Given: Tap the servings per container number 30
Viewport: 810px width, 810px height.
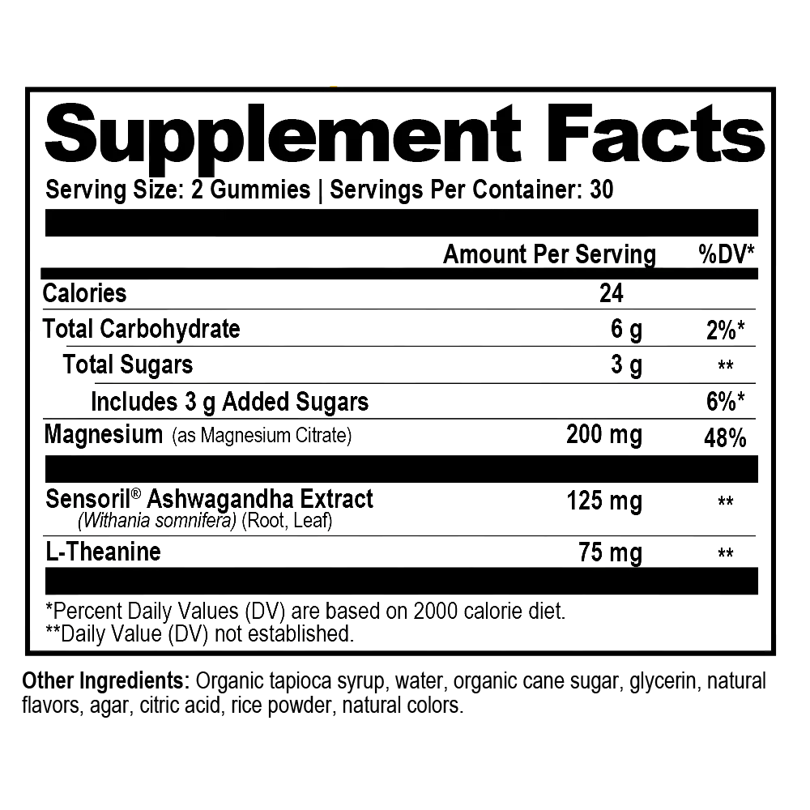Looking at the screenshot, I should (x=603, y=190).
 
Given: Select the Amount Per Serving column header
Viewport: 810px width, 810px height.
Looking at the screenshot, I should (x=549, y=254).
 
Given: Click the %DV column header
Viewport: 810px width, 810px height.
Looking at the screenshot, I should (x=727, y=254).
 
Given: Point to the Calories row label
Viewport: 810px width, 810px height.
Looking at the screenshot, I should (x=86, y=293).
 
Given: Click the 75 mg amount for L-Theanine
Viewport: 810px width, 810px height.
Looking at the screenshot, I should (x=608, y=553).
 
